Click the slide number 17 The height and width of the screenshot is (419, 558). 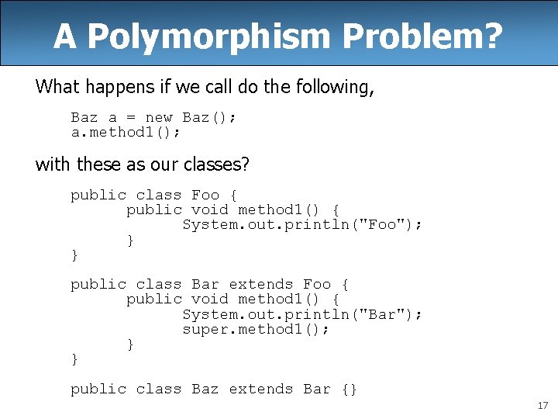pyautogui.click(x=542, y=406)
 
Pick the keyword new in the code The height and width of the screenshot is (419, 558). pyautogui.click(x=159, y=118)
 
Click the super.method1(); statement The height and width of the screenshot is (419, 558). pyautogui.click(x=256, y=329)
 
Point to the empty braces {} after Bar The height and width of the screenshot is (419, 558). pyautogui.click(x=349, y=389)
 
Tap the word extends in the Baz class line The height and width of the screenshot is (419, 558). pyautogui.click(x=261, y=389)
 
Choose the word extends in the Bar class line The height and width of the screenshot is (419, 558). pyautogui.click(x=261, y=285)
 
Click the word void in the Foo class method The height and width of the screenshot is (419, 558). pyautogui.click(x=210, y=210)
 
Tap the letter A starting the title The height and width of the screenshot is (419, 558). pyautogui.click(x=65, y=36)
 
